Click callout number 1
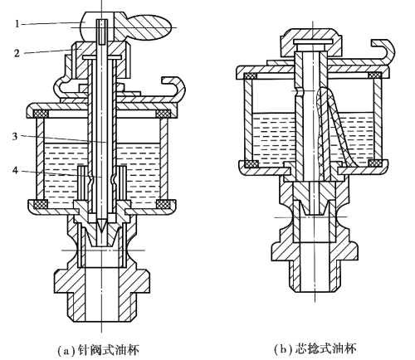[x=17, y=24]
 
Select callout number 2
[x=17, y=53]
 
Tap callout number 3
[x=15, y=136]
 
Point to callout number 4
[x=15, y=171]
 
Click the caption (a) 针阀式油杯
[x=98, y=350]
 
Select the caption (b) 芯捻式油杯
[x=315, y=349]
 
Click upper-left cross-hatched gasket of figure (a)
[x=41, y=114]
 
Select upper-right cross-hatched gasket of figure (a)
[x=164, y=114]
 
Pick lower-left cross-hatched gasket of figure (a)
[x=41, y=204]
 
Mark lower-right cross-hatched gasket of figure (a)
[x=164, y=204]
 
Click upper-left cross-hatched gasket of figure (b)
[x=250, y=75]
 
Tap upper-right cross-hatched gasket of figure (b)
[x=375, y=75]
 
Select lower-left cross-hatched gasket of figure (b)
[x=251, y=163]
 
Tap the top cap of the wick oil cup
[x=313, y=42]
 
